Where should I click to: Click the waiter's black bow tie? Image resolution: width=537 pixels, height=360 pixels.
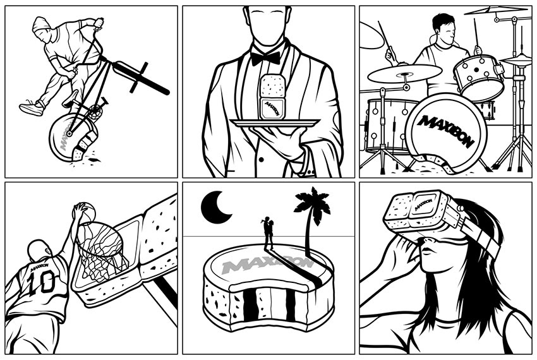coord(265,57)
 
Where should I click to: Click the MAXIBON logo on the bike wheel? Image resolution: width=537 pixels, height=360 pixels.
coord(63,139)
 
